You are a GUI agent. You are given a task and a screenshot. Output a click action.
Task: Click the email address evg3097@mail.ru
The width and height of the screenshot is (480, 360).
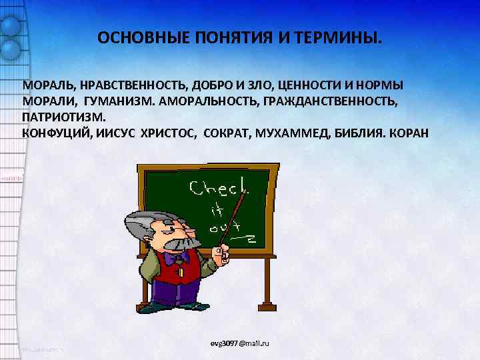[x=244, y=343]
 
